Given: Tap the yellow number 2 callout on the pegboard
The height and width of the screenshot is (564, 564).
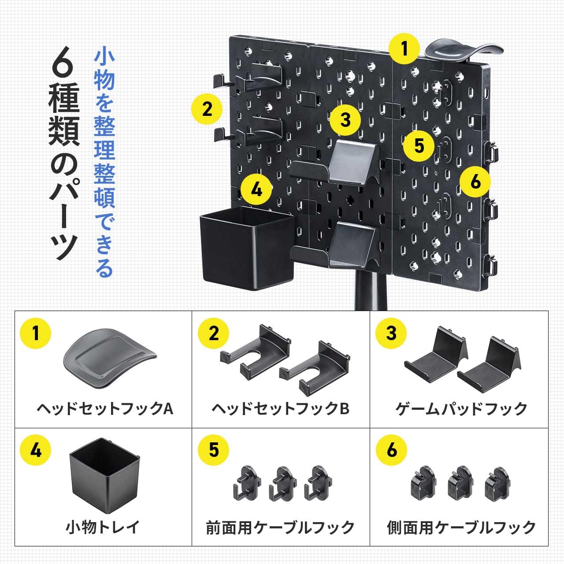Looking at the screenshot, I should (207, 109).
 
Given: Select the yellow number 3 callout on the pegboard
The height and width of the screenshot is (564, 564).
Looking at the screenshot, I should (345, 120).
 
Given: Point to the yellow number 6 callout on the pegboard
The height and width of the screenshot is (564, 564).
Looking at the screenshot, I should (475, 181).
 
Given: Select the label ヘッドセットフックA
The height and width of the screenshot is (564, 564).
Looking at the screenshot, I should (105, 409).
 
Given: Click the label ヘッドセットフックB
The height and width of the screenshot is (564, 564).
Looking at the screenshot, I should (280, 409).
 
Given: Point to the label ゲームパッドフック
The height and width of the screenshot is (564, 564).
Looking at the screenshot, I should (461, 409).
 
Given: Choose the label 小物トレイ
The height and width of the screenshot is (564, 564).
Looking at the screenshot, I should (103, 527).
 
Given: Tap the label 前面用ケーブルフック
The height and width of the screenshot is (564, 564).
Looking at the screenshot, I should (280, 527).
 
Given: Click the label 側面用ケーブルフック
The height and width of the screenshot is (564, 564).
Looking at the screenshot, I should (461, 527).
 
